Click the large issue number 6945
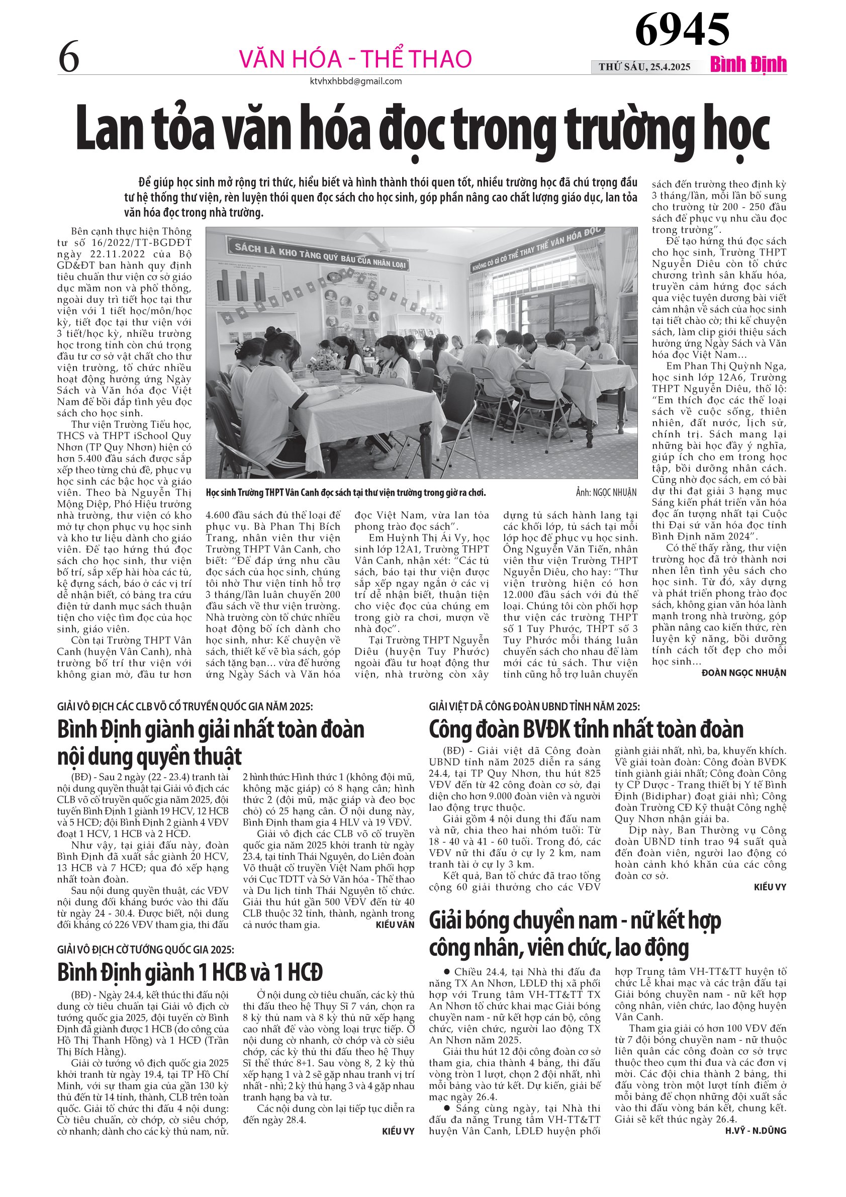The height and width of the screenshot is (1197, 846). click(x=682, y=30)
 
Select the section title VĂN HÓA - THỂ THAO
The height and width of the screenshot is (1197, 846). click(x=355, y=59)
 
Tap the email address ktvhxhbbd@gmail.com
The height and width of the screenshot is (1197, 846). click(x=355, y=81)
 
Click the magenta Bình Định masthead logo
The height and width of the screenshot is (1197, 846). click(x=748, y=65)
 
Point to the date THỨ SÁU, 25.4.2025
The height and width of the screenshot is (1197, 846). click(x=644, y=67)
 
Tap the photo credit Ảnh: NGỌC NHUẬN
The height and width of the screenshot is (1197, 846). click(x=606, y=492)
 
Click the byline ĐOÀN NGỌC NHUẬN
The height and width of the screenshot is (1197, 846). click(x=744, y=673)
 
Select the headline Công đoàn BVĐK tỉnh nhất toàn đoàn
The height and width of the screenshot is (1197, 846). click(x=586, y=729)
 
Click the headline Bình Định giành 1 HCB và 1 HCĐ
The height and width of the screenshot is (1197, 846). click(x=190, y=971)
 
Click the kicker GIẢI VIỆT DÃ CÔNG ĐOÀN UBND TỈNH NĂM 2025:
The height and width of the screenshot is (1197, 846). click(x=534, y=706)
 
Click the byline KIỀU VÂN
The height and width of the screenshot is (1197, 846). click(x=395, y=925)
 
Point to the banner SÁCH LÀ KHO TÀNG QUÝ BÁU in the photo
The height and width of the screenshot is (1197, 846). click(x=320, y=256)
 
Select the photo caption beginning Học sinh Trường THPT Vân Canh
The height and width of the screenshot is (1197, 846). click(x=346, y=493)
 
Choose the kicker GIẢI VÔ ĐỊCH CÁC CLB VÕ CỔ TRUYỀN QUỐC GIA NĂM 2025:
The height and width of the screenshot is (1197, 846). click(x=185, y=706)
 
